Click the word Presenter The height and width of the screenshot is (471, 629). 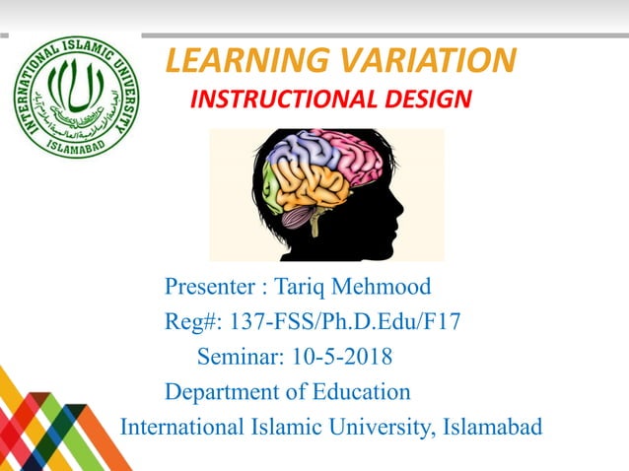[209, 289]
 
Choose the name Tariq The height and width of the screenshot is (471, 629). [300, 289]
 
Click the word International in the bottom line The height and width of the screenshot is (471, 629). [180, 428]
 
